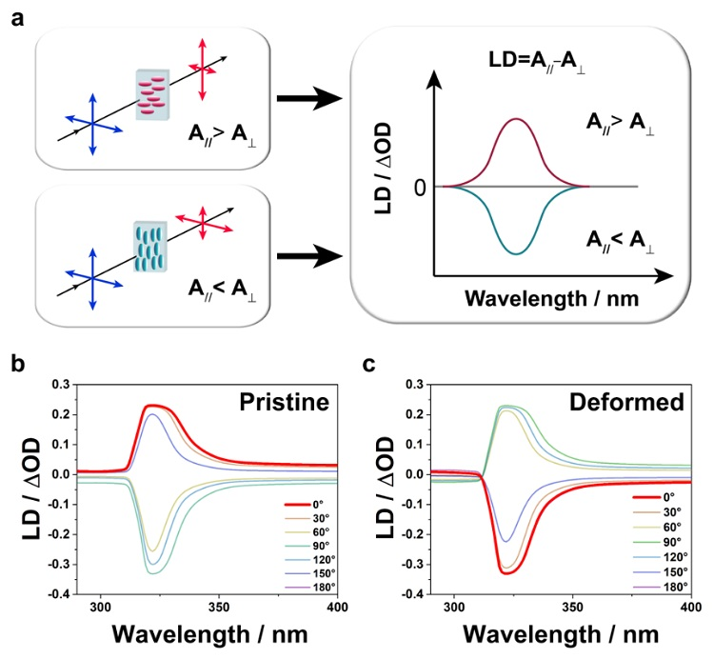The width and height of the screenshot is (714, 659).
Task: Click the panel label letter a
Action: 16,17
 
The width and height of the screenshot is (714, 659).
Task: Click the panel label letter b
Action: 16,363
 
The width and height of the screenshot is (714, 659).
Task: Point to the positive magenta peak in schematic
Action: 516,120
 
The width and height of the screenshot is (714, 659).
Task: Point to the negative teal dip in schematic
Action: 516,252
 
